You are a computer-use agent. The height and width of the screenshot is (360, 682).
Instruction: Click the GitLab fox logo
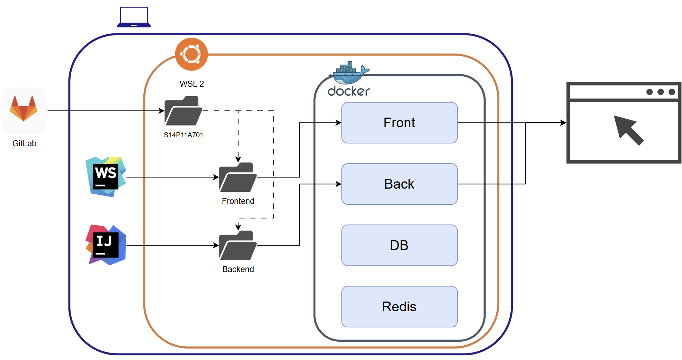[x=24, y=109]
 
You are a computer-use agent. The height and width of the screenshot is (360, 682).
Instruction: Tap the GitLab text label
[x=24, y=143]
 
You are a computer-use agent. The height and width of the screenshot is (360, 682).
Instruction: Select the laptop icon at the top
[x=134, y=17]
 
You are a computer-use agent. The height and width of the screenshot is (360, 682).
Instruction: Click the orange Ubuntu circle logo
[x=191, y=54]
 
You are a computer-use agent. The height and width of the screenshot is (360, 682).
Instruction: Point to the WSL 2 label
[x=192, y=84]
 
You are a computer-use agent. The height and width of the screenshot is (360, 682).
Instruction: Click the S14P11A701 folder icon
[x=183, y=111]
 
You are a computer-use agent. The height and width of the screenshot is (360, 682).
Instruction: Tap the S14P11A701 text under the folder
[x=183, y=135]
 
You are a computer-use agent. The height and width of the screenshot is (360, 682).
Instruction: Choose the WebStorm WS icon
[x=106, y=177]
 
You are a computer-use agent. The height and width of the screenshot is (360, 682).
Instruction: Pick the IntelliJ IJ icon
[x=106, y=245]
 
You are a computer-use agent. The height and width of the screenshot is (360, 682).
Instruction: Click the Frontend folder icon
[x=238, y=177]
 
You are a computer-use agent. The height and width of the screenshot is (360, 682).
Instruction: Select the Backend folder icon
[x=238, y=245]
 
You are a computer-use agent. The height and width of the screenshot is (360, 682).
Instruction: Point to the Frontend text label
[x=238, y=201]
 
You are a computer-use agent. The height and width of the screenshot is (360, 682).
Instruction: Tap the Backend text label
[x=238, y=269]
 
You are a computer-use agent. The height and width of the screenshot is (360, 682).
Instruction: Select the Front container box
[x=399, y=123]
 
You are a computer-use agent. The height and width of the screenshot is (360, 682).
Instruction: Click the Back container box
[x=399, y=184]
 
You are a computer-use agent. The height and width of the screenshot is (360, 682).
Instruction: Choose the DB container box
[x=399, y=245]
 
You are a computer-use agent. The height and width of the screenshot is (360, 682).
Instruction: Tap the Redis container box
[x=399, y=307]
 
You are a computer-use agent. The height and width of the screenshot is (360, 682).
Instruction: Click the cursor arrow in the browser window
[x=628, y=130]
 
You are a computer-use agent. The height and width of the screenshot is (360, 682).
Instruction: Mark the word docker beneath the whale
[x=349, y=91]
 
